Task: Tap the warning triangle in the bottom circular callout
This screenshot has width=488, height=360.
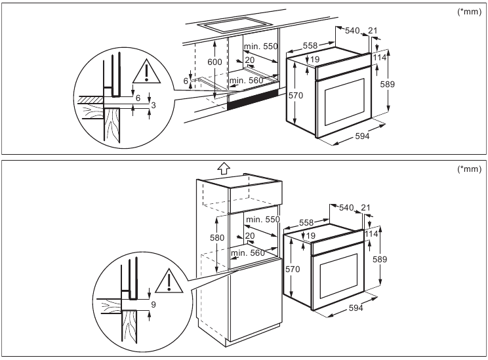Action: pos(171,281)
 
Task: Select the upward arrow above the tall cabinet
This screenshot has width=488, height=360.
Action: pos(223,169)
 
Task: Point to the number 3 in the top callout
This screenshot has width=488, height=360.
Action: pos(153,105)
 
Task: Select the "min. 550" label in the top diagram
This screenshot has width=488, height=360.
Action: pos(261,47)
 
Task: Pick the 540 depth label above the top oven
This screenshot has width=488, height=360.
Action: pos(353,30)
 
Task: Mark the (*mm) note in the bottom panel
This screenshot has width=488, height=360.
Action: pos(470,169)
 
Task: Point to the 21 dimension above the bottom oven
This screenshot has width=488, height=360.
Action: pos(366,208)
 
